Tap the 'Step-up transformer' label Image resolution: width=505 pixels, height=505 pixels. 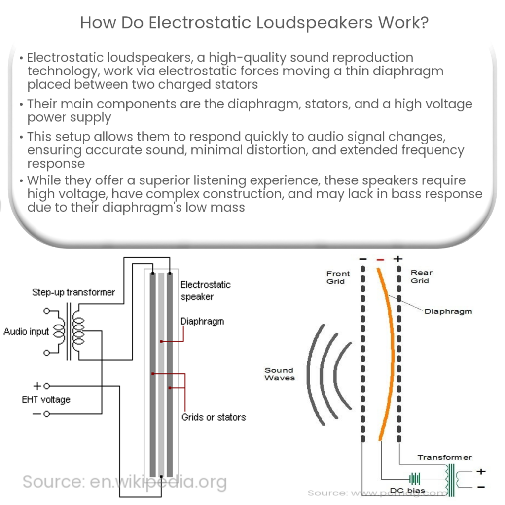73,292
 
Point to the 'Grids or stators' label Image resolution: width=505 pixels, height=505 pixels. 213,417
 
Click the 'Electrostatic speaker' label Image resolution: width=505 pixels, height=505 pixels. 205,290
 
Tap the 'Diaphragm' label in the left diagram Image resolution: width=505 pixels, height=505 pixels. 202,321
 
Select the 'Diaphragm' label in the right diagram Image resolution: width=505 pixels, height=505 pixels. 448,311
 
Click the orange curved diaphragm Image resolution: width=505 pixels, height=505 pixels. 389,345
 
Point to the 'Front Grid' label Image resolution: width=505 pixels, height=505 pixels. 338,277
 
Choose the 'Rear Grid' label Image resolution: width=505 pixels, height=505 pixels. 421,276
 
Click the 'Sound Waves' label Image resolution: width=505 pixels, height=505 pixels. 279,374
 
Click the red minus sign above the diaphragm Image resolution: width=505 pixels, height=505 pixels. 380,259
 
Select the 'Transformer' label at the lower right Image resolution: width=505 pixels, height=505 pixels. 444,457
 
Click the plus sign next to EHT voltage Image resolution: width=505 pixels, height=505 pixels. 36,386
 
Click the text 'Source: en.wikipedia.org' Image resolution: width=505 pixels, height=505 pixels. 124,481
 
